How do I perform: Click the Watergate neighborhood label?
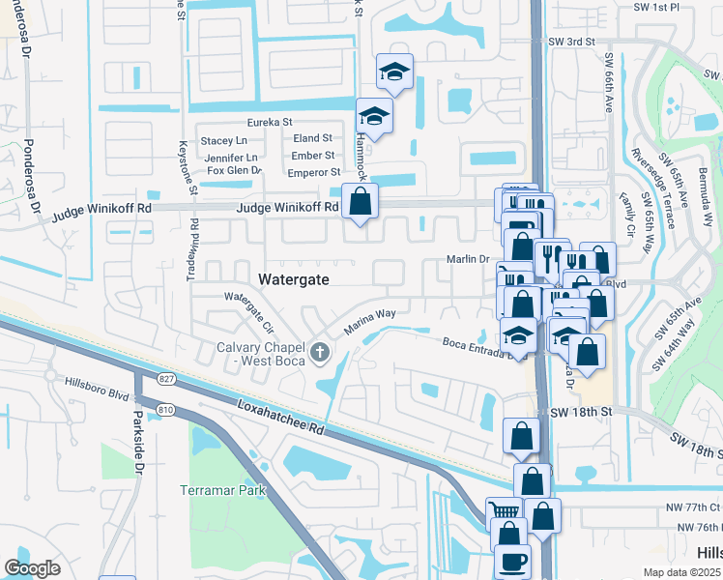[x=295, y=279]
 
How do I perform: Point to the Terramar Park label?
[x=222, y=490]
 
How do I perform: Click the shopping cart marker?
[x=504, y=511]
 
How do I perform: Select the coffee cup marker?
[x=511, y=562]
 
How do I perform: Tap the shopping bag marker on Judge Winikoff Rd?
[x=360, y=202]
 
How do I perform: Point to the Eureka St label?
[x=270, y=123]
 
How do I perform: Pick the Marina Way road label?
[x=370, y=321]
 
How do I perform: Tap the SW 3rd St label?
[x=571, y=43]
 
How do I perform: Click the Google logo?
[x=32, y=568]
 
